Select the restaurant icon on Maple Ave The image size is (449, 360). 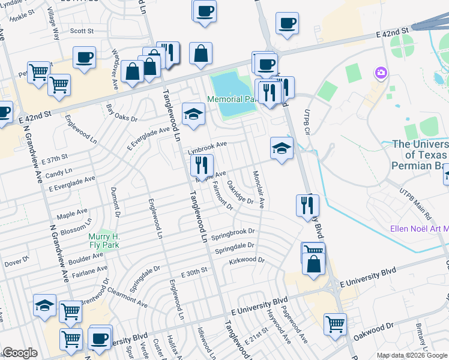(x=202, y=165)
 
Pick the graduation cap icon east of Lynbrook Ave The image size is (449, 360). (x=281, y=148)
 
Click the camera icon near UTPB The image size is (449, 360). (x=381, y=74)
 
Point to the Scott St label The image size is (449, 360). (x=82, y=31)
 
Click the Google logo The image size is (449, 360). (x=20, y=353)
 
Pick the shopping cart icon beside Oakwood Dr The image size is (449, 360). (x=335, y=325)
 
